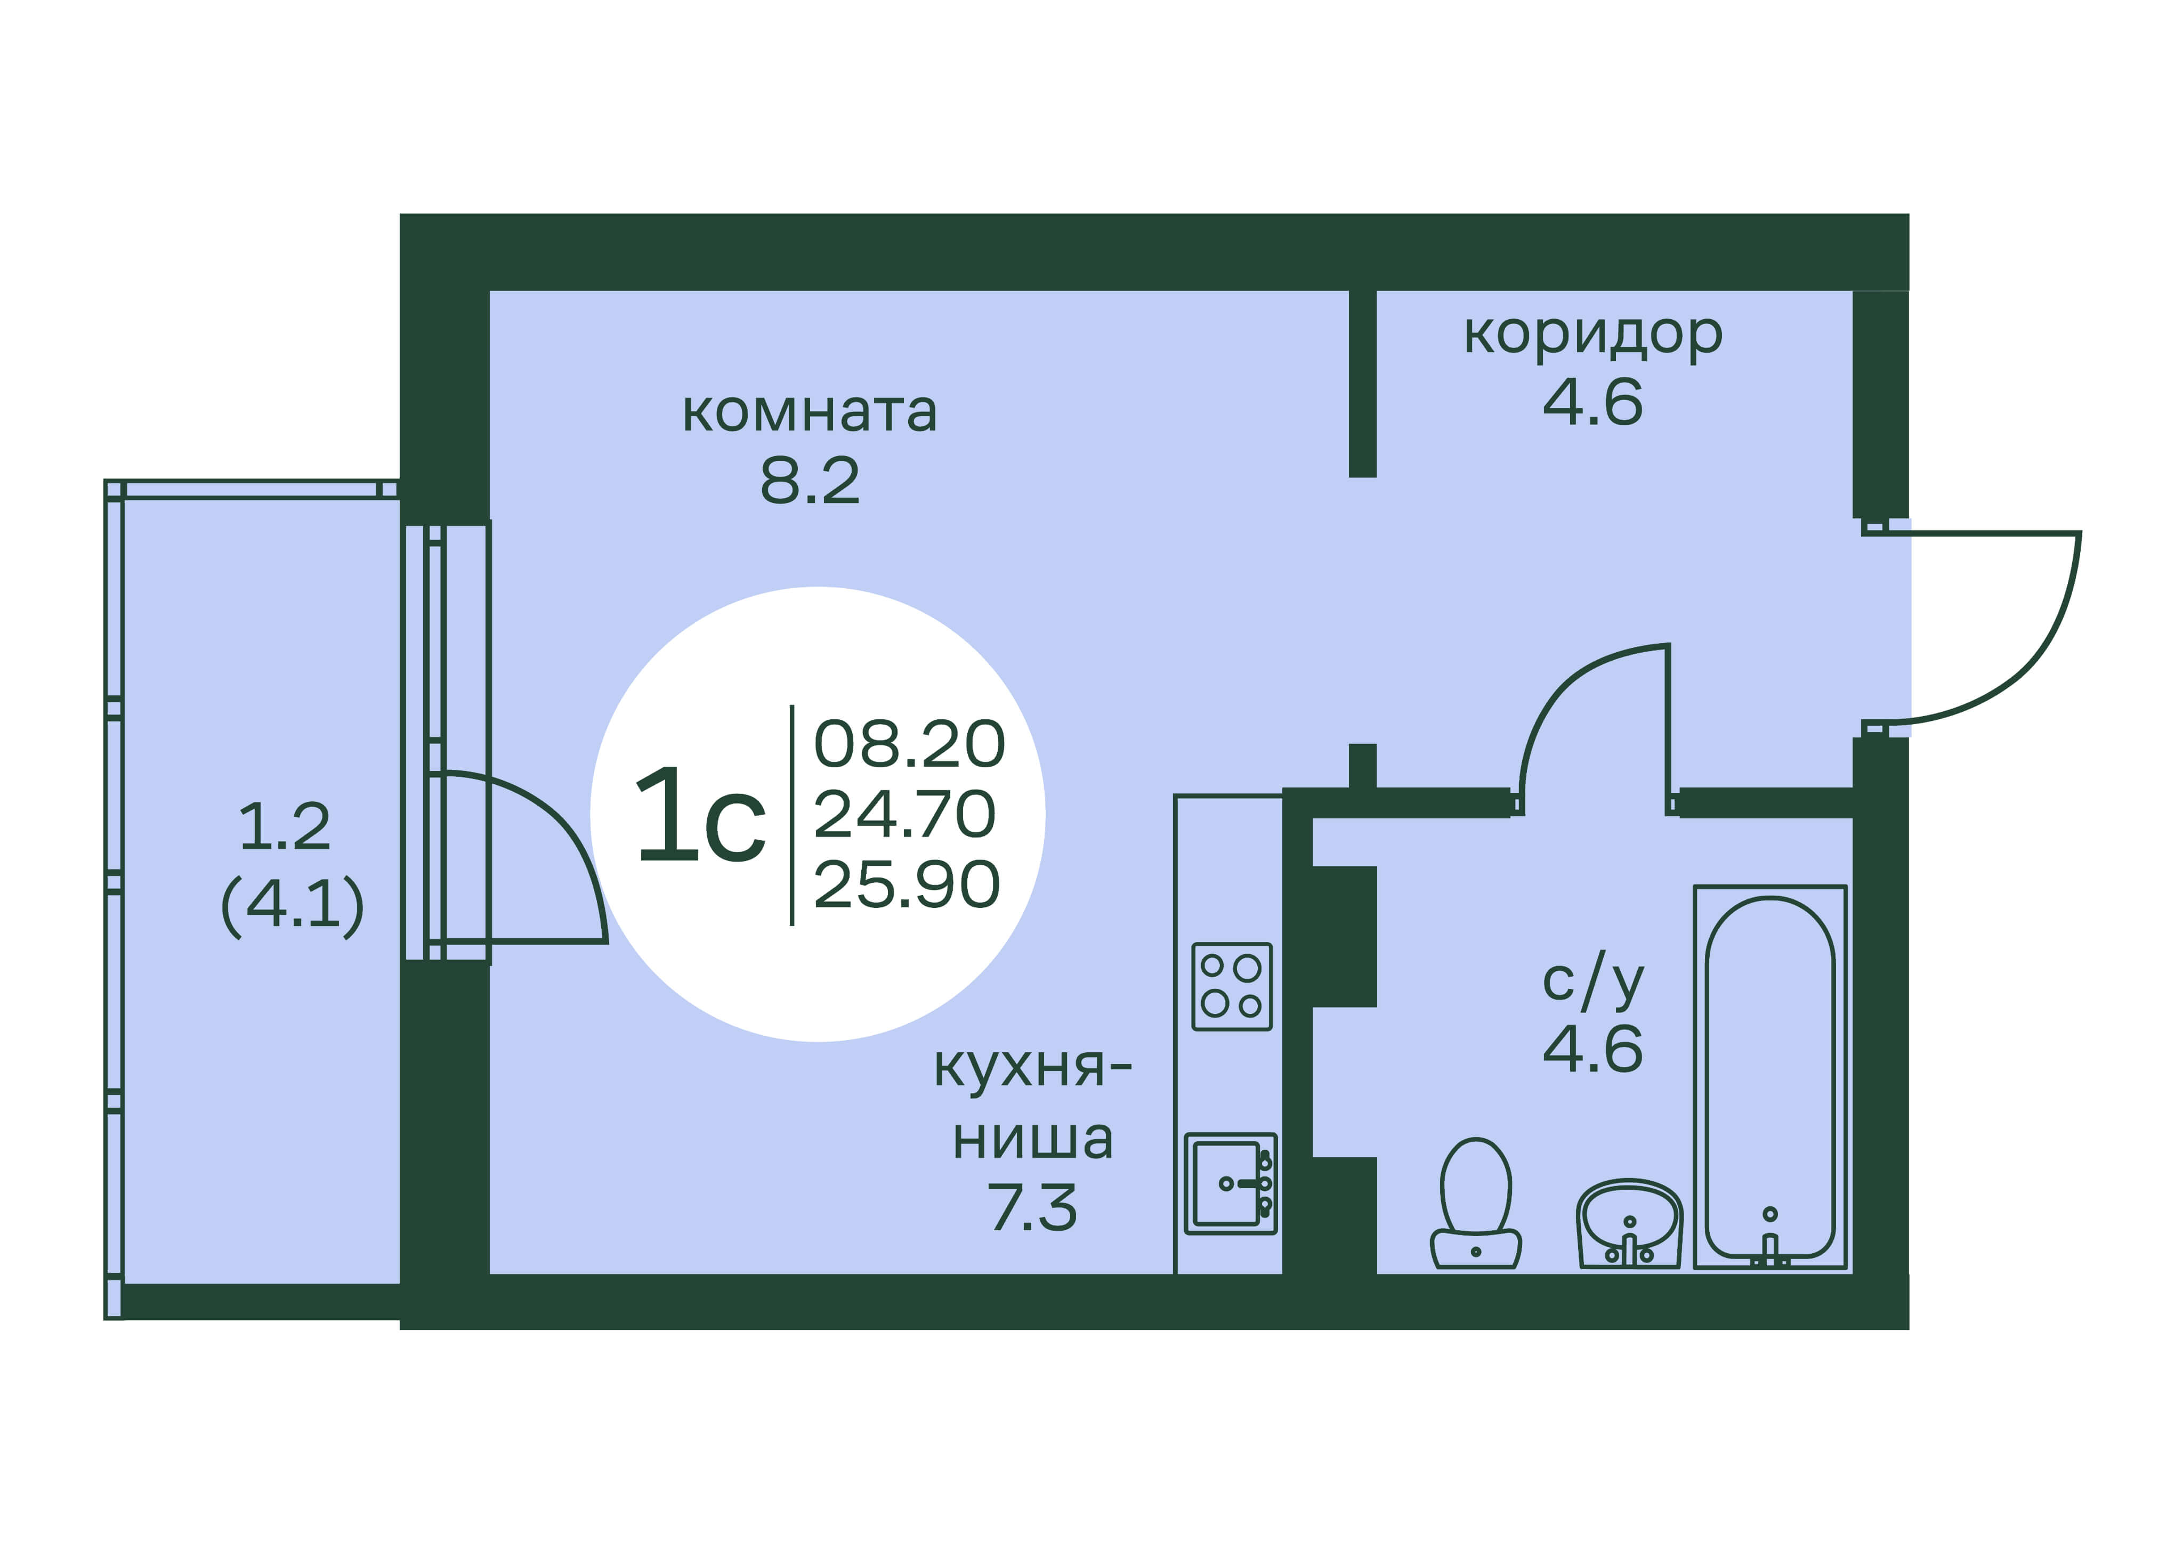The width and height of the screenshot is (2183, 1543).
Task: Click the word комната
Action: (809, 412)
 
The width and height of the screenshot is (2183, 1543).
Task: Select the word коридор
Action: (1592, 335)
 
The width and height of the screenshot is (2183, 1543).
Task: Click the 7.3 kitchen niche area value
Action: (1032, 1207)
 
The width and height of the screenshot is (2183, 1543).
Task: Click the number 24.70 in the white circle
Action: (904, 815)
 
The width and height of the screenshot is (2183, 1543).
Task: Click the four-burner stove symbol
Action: (1231, 987)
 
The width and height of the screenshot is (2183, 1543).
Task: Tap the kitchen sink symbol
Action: (1230, 1184)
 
